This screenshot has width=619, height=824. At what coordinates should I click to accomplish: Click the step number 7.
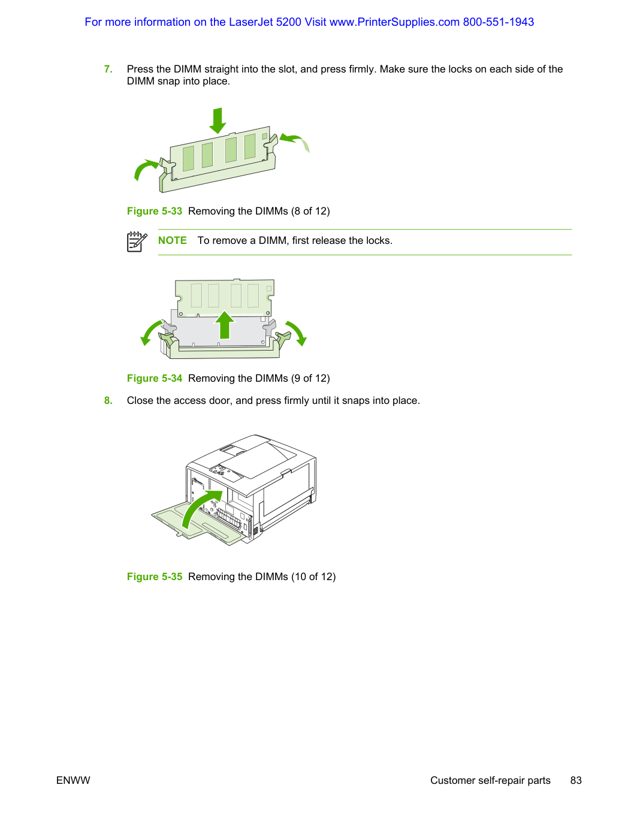(x=108, y=69)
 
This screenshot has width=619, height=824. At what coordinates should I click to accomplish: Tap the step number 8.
(x=108, y=400)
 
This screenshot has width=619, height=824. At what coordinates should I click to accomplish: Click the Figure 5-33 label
(x=154, y=212)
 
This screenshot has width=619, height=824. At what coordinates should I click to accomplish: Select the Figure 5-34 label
(x=154, y=378)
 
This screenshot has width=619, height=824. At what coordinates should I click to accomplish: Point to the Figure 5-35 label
(x=154, y=577)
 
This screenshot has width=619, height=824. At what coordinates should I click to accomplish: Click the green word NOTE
(x=173, y=241)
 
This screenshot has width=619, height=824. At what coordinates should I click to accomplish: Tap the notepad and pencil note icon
(x=137, y=242)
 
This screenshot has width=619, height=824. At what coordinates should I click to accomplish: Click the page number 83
(x=576, y=780)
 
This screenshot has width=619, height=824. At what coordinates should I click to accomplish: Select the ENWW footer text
(x=73, y=780)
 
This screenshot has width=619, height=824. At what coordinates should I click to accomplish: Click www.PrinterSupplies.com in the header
(x=394, y=22)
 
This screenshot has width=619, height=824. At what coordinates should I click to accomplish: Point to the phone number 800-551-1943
(x=499, y=22)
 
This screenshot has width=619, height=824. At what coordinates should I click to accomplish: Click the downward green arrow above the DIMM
(x=218, y=120)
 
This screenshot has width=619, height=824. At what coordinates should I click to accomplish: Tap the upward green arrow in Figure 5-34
(x=225, y=325)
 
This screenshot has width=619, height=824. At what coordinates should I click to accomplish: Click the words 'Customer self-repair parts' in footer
(x=490, y=780)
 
